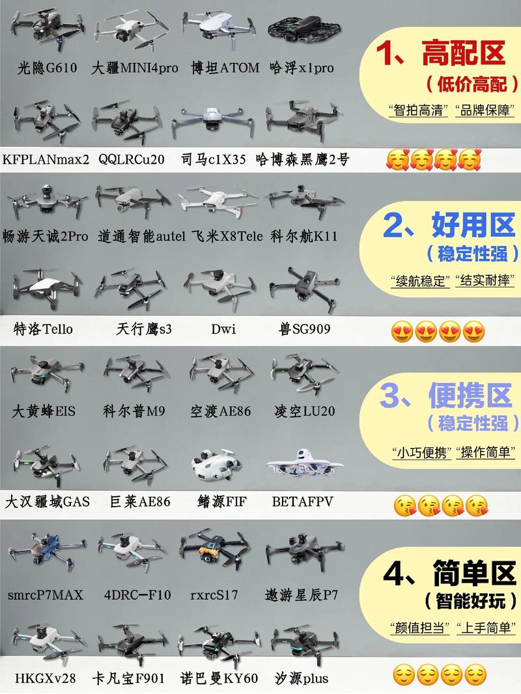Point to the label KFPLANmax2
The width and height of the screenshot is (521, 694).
tap(46, 159)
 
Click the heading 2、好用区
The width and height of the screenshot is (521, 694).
tap(450, 224)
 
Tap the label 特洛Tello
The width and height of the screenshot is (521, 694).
tap(43, 329)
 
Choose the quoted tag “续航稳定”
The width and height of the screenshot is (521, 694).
tap(421, 281)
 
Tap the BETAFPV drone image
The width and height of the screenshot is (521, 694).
tap(303, 468)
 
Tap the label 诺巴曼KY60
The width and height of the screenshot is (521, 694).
tap(219, 678)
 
